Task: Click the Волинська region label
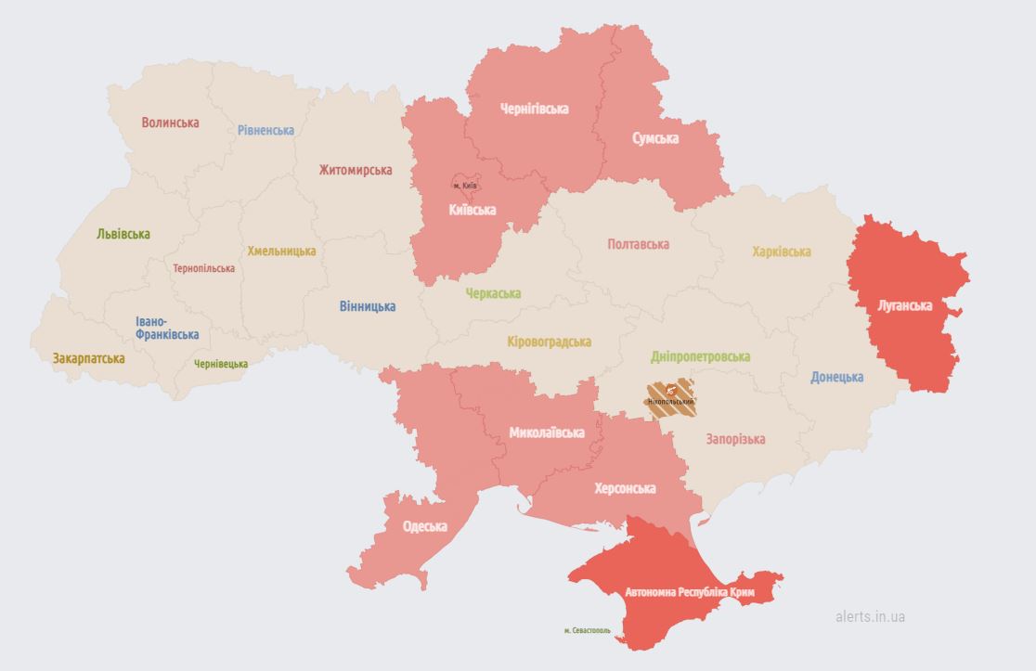pos(170,123)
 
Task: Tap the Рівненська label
pos(265,130)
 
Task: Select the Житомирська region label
pos(355,170)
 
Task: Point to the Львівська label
pos(123,234)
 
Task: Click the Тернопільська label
pos(203,268)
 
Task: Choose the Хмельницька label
pos(281,251)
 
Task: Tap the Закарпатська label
pos(88,357)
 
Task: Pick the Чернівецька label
pos(221,364)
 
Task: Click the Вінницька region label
pos(367,306)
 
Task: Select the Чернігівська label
pos(534,109)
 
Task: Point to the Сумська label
pos(654,138)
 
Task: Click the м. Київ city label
pos(465,186)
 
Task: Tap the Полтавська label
pos(638,244)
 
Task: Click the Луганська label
pos(904,304)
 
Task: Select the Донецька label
pos(836,377)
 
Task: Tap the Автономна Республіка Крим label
pos(690,592)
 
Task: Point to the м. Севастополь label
pos(588,631)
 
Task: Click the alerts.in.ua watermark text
pos(870,616)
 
